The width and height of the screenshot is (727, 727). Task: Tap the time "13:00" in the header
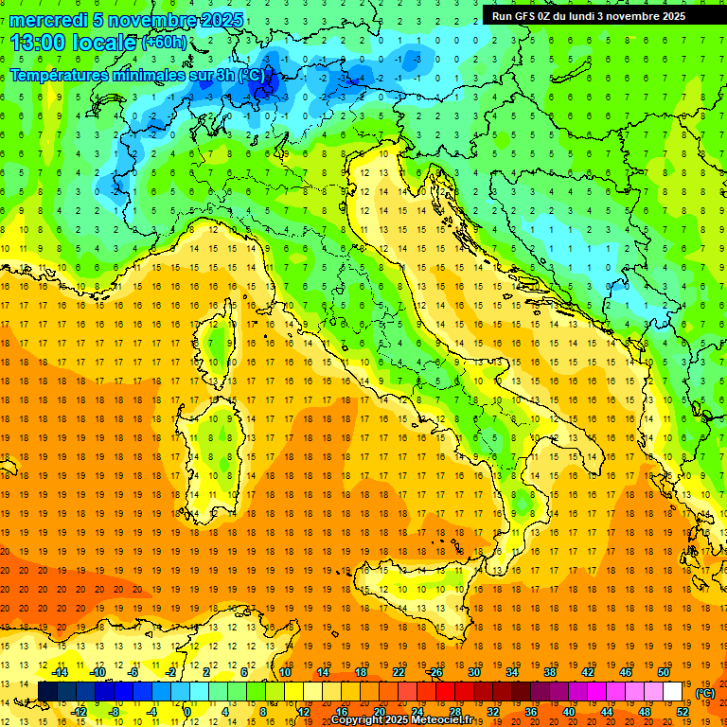[x=39, y=43]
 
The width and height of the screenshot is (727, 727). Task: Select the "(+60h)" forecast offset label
[x=164, y=43]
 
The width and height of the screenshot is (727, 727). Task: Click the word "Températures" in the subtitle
[x=62, y=76]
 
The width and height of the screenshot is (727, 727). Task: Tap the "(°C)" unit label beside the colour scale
[x=705, y=692]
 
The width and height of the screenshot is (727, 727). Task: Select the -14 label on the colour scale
[x=60, y=671]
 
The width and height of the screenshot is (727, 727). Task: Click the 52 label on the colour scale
[x=683, y=712]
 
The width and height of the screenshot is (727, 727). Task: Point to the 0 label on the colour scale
[x=187, y=712]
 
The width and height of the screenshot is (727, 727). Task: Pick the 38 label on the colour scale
[x=548, y=671]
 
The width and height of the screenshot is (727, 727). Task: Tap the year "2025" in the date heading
[x=220, y=20]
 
